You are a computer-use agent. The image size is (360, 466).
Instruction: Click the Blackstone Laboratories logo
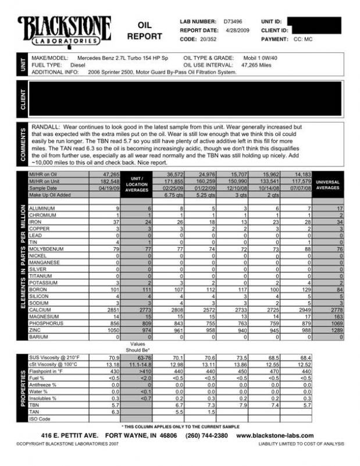(x=64, y=32)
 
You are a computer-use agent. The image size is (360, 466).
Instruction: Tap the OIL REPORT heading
(x=144, y=31)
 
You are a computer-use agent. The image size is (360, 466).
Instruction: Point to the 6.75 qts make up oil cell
(x=174, y=195)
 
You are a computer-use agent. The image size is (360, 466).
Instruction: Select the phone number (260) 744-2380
(x=206, y=436)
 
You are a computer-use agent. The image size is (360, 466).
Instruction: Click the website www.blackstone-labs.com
(x=275, y=436)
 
